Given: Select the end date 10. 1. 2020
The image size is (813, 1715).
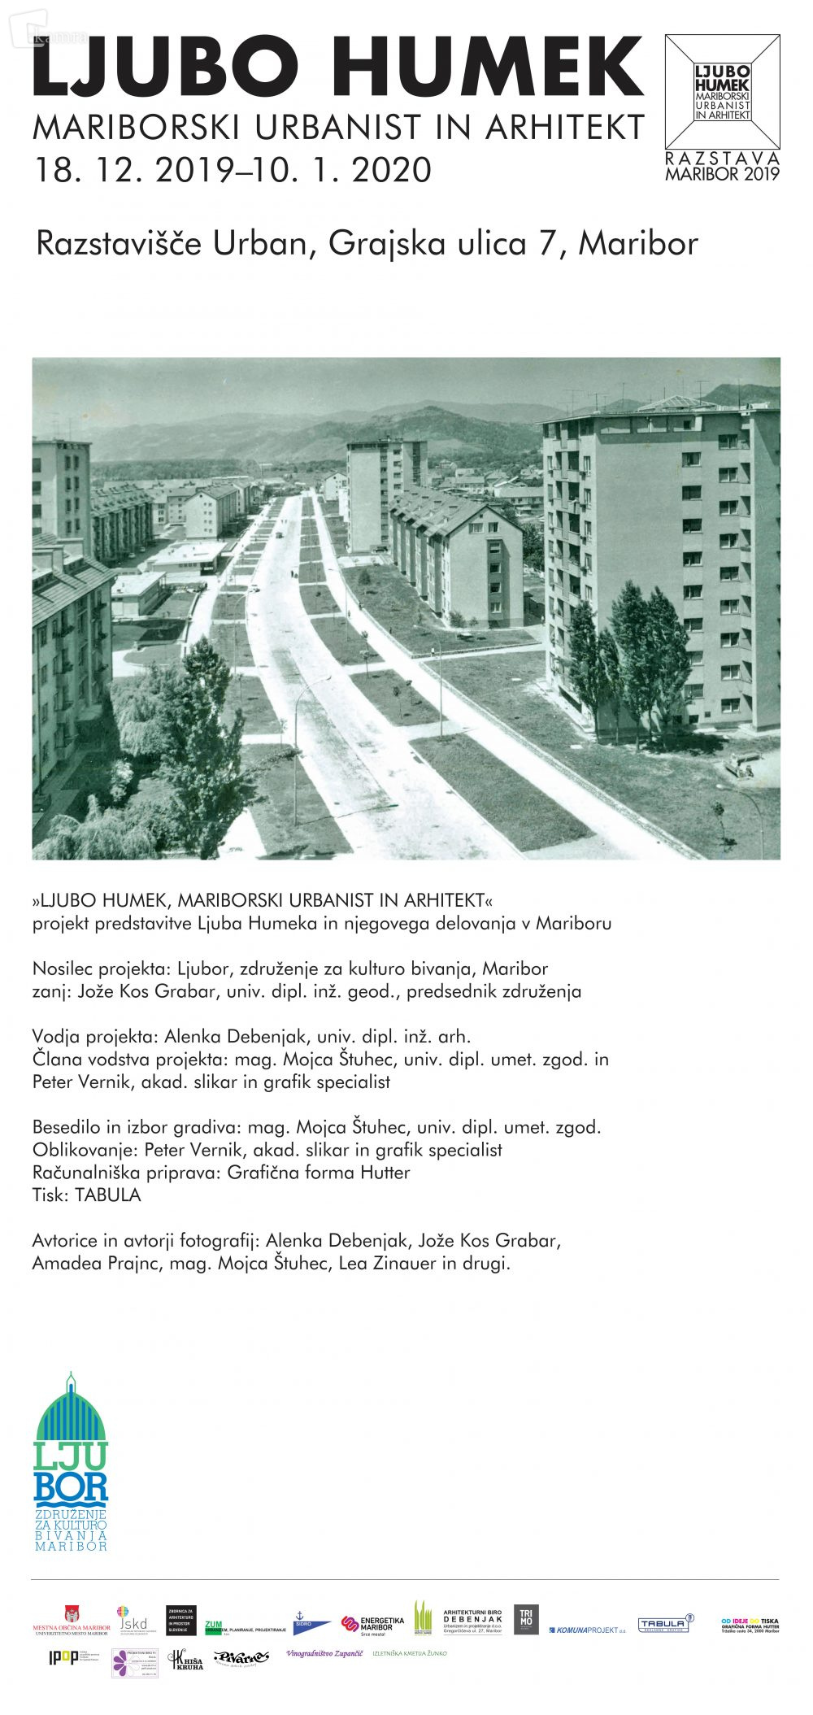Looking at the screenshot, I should tap(341, 170).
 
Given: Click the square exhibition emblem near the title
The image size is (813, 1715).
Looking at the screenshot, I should tap(722, 91).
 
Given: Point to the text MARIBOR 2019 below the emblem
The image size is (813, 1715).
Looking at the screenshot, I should tap(722, 173).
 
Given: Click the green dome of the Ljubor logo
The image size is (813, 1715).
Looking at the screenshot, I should tap(71, 1412).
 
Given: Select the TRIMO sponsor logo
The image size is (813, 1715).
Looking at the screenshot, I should tap(525, 1619).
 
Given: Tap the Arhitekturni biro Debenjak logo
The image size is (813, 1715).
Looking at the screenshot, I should tap(472, 1621).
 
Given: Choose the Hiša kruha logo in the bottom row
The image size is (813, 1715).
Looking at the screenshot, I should tap(185, 1660).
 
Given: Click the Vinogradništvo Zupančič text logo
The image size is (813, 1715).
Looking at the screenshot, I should tap(324, 1653).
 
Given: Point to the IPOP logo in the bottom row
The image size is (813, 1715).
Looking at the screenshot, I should tap(63, 1657).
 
